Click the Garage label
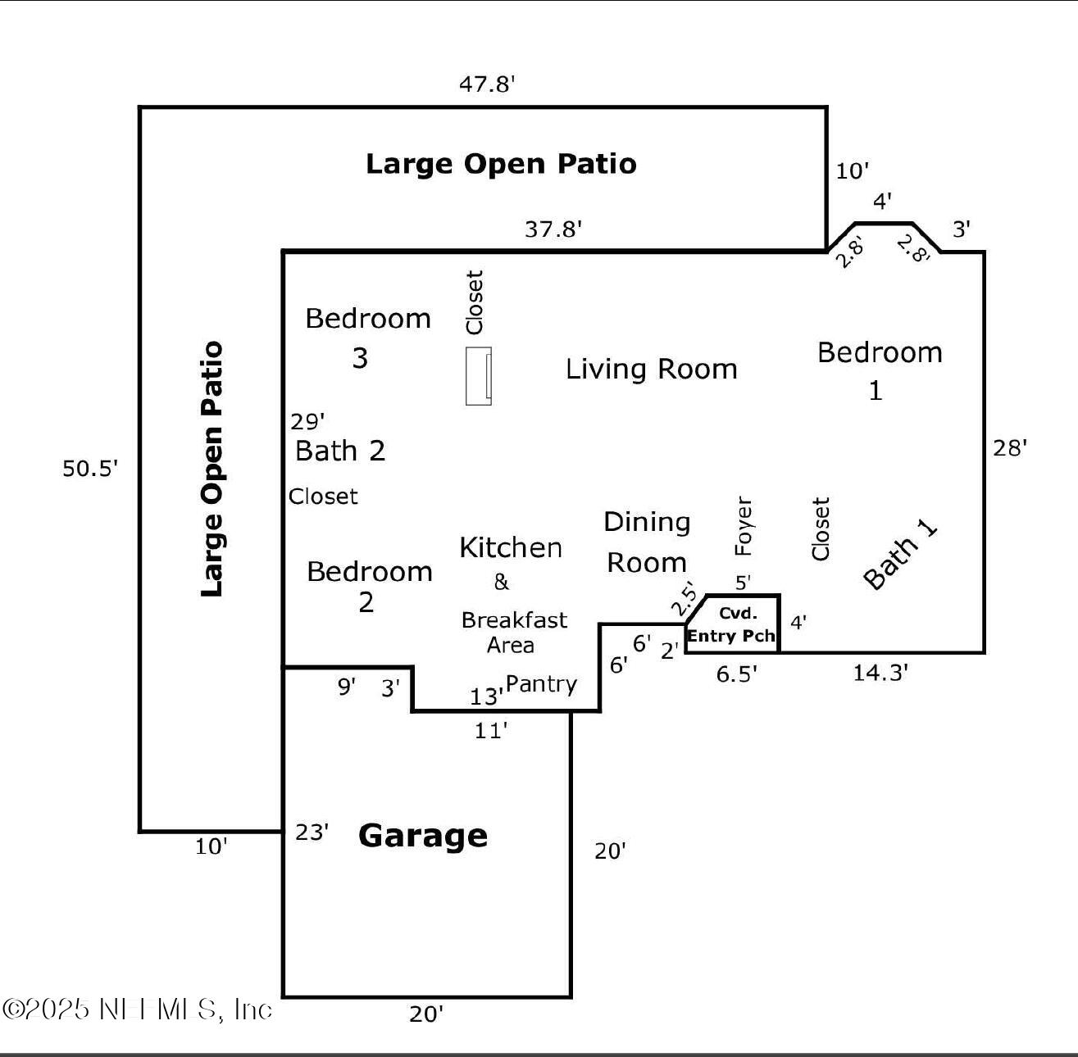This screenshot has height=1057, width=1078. click(x=423, y=836)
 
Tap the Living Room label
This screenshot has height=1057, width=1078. click(x=652, y=370)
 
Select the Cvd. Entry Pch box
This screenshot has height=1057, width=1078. click(x=732, y=624)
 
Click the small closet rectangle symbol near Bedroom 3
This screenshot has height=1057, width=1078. click(x=479, y=376)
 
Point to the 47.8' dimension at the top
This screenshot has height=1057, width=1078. click(x=487, y=84)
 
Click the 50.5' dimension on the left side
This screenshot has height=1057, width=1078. click(x=90, y=469)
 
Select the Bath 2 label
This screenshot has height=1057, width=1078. click(x=340, y=451)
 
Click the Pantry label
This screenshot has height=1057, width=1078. click(x=541, y=684)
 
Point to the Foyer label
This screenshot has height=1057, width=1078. click(x=743, y=525)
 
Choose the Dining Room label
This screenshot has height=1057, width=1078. click(x=647, y=542)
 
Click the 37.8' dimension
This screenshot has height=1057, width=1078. click(x=553, y=229)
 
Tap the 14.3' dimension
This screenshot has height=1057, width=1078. click(x=880, y=673)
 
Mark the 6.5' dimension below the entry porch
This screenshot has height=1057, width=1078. click(x=736, y=674)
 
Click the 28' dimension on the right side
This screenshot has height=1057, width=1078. click(x=1010, y=448)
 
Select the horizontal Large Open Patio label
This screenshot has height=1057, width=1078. click(x=501, y=164)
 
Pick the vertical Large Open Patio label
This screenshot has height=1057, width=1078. click(x=212, y=469)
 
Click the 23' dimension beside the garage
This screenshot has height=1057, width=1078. click(x=312, y=832)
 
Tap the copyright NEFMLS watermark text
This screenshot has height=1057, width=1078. click(x=137, y=1009)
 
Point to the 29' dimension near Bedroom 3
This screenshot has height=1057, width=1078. click(x=307, y=422)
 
